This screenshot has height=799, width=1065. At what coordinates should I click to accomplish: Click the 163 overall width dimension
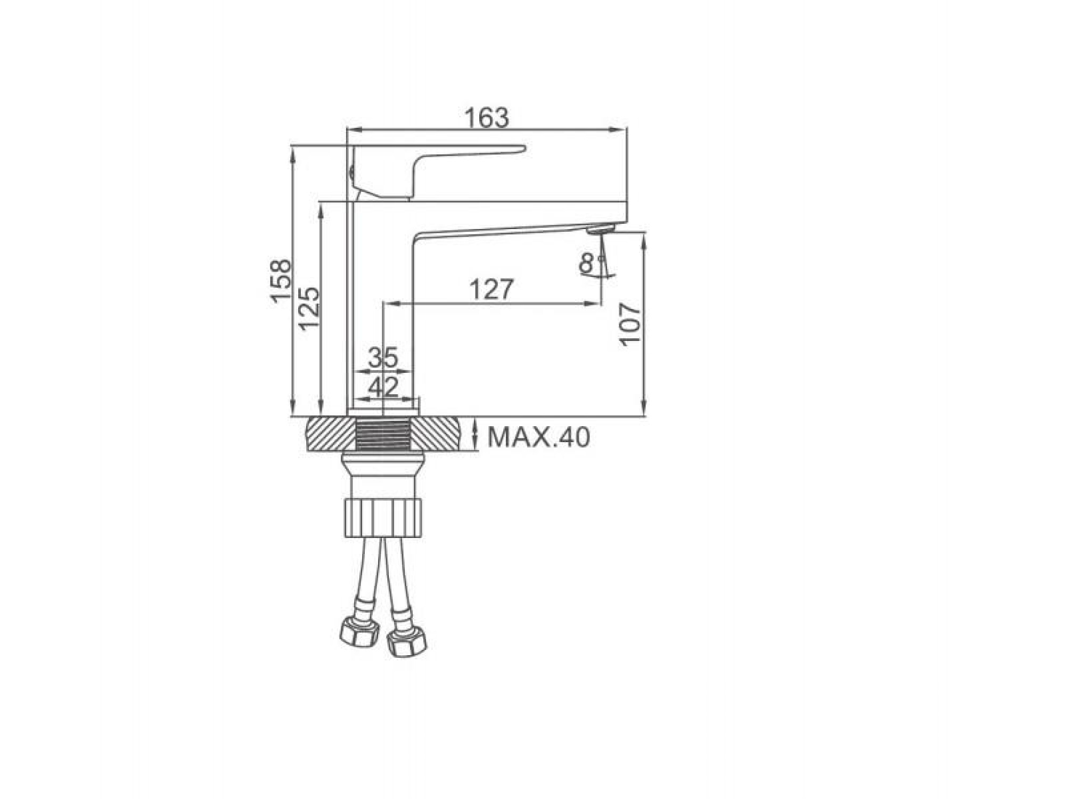[486, 118]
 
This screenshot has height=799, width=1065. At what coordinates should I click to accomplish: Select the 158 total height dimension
[281, 281]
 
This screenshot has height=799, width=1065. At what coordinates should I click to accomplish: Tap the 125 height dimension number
[309, 309]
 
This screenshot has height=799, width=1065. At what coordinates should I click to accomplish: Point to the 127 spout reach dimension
[491, 289]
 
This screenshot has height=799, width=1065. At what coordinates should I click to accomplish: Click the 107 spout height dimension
[631, 325]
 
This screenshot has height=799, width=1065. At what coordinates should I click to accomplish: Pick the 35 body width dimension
[383, 357]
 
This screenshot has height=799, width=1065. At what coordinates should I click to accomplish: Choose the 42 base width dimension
[383, 387]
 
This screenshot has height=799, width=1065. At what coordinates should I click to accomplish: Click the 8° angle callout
[589, 263]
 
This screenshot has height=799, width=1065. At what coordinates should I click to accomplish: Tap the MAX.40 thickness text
[538, 437]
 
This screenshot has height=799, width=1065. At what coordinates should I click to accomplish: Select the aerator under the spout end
[601, 230]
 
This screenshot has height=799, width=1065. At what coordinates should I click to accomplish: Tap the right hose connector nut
[407, 643]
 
